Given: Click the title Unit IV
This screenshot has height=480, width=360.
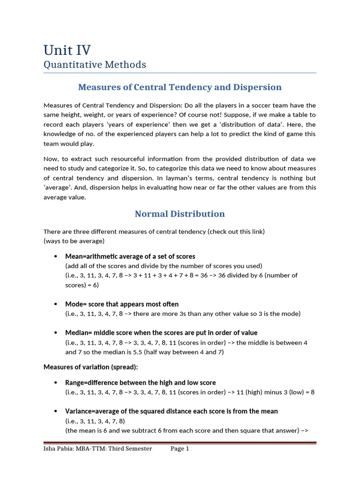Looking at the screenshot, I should click(x=67, y=50).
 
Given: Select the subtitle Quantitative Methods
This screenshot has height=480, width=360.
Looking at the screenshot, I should click(x=95, y=65).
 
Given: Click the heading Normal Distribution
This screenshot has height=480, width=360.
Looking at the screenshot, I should click(x=180, y=214).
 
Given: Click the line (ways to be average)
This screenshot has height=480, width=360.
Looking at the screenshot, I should click(x=74, y=241).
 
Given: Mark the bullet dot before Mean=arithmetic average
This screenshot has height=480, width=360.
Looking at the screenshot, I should click(x=56, y=256).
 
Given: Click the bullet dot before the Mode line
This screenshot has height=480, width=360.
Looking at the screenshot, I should click(x=56, y=304).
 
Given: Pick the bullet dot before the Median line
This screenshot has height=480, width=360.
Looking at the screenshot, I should click(x=56, y=333).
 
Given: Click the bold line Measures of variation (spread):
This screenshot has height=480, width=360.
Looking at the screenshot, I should click(x=90, y=367).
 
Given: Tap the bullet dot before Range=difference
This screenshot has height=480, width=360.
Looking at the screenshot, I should click(x=56, y=383).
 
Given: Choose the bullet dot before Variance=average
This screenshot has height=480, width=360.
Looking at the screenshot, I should click(x=56, y=412).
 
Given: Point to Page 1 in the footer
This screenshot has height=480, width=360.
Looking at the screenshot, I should click(x=180, y=449).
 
